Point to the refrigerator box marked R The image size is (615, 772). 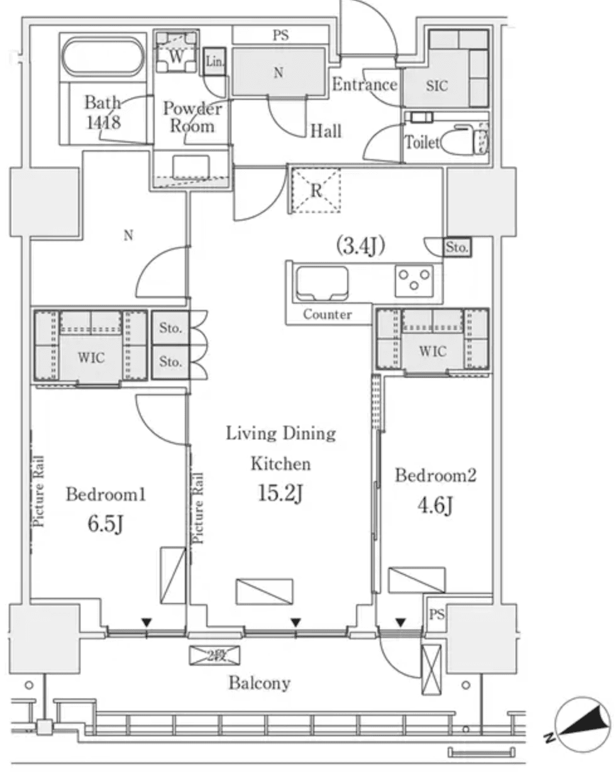point(315,191)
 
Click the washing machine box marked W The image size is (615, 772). point(177,56)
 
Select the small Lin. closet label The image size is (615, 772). point(214,62)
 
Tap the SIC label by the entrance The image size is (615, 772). point(437,86)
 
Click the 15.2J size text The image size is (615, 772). point(281,494)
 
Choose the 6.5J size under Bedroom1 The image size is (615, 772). point(105,523)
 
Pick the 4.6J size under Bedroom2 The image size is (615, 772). point(435,505)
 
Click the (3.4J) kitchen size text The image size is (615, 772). point(360,246)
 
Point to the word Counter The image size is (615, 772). point(328,315)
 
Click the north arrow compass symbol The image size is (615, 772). point(584,724)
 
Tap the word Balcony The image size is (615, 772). point(259,683)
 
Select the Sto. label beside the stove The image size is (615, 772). point(457,248)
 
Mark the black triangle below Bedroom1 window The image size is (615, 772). point(147,622)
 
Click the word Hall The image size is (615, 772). point(326,131)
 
